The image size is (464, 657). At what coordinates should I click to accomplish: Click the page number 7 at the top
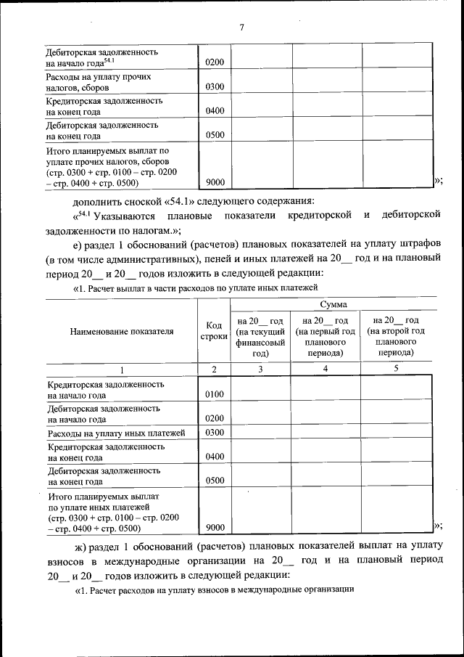[242, 28]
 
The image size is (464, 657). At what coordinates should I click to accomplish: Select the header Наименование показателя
[121, 332]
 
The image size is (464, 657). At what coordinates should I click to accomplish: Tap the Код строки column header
[214, 332]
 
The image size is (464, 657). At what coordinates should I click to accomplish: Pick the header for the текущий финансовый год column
[260, 337]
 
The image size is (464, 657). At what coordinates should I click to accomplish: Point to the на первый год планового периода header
[325, 337]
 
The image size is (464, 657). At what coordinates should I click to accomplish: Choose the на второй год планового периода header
[395, 337]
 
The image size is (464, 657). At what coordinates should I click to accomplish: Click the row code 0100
[215, 394]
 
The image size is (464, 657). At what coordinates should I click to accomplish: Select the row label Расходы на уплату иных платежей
[116, 433]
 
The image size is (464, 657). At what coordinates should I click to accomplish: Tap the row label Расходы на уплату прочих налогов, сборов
[99, 81]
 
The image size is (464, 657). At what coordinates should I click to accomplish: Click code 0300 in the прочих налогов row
[215, 87]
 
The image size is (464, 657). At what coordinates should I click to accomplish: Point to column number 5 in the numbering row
[396, 369]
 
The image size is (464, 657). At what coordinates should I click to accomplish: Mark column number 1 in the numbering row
[122, 369]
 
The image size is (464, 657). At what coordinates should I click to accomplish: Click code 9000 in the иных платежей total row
[215, 527]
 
